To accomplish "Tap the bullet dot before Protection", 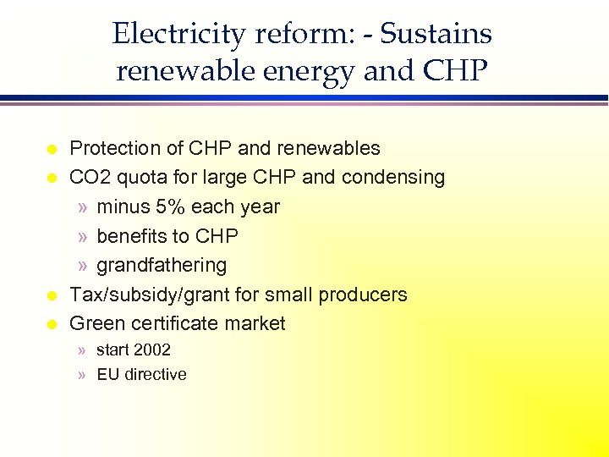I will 51,149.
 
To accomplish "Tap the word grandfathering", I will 162,266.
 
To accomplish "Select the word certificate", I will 173,323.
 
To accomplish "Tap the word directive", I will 156,374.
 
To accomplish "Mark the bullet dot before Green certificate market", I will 51,324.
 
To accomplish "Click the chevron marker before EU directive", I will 81,374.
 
